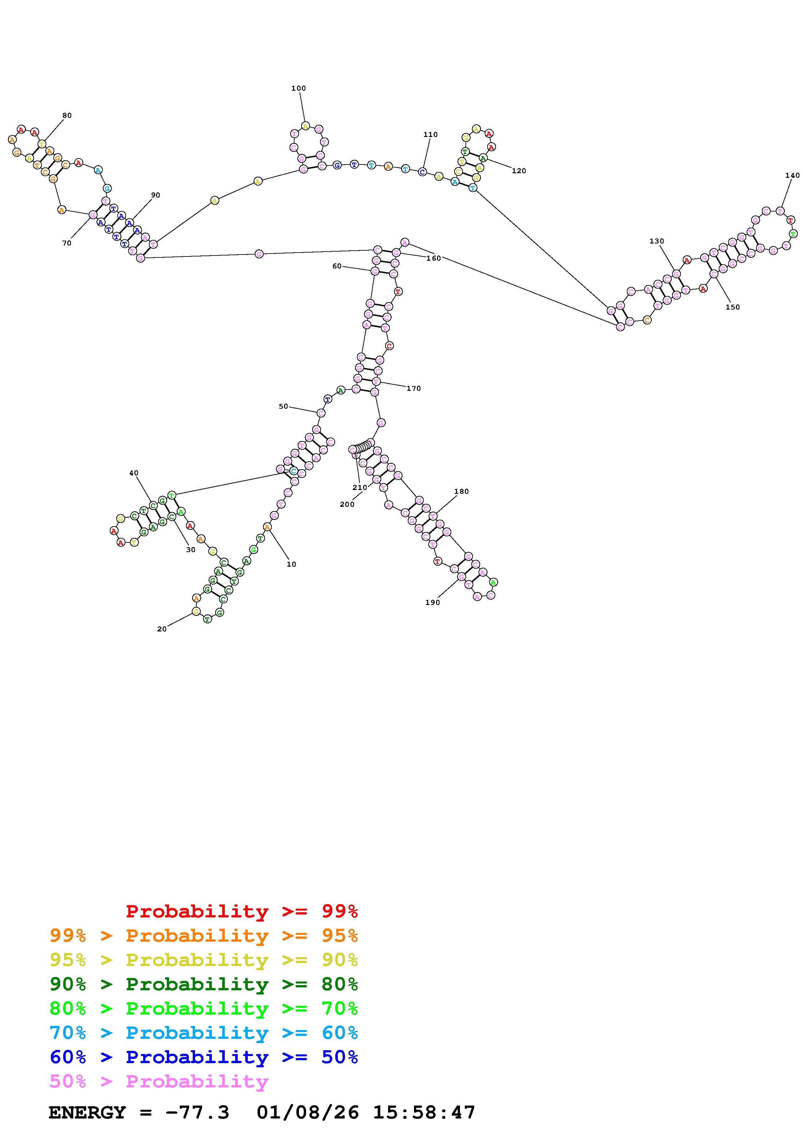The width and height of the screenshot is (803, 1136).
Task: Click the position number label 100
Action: point(298,88)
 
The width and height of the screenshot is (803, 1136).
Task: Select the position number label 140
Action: point(792,176)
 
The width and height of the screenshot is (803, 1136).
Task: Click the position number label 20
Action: point(162,629)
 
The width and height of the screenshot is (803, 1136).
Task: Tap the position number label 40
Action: point(133,473)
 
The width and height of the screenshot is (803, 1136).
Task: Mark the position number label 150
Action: point(732,308)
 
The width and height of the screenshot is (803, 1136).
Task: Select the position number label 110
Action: point(430,135)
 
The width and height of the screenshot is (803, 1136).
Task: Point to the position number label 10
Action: point(292,564)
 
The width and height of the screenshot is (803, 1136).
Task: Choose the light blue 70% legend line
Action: point(204,1033)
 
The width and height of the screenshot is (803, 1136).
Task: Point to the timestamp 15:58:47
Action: point(424,1113)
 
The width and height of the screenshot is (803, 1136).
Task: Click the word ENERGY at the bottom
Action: point(87,1113)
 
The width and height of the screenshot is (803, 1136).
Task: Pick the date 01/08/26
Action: point(308,1113)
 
